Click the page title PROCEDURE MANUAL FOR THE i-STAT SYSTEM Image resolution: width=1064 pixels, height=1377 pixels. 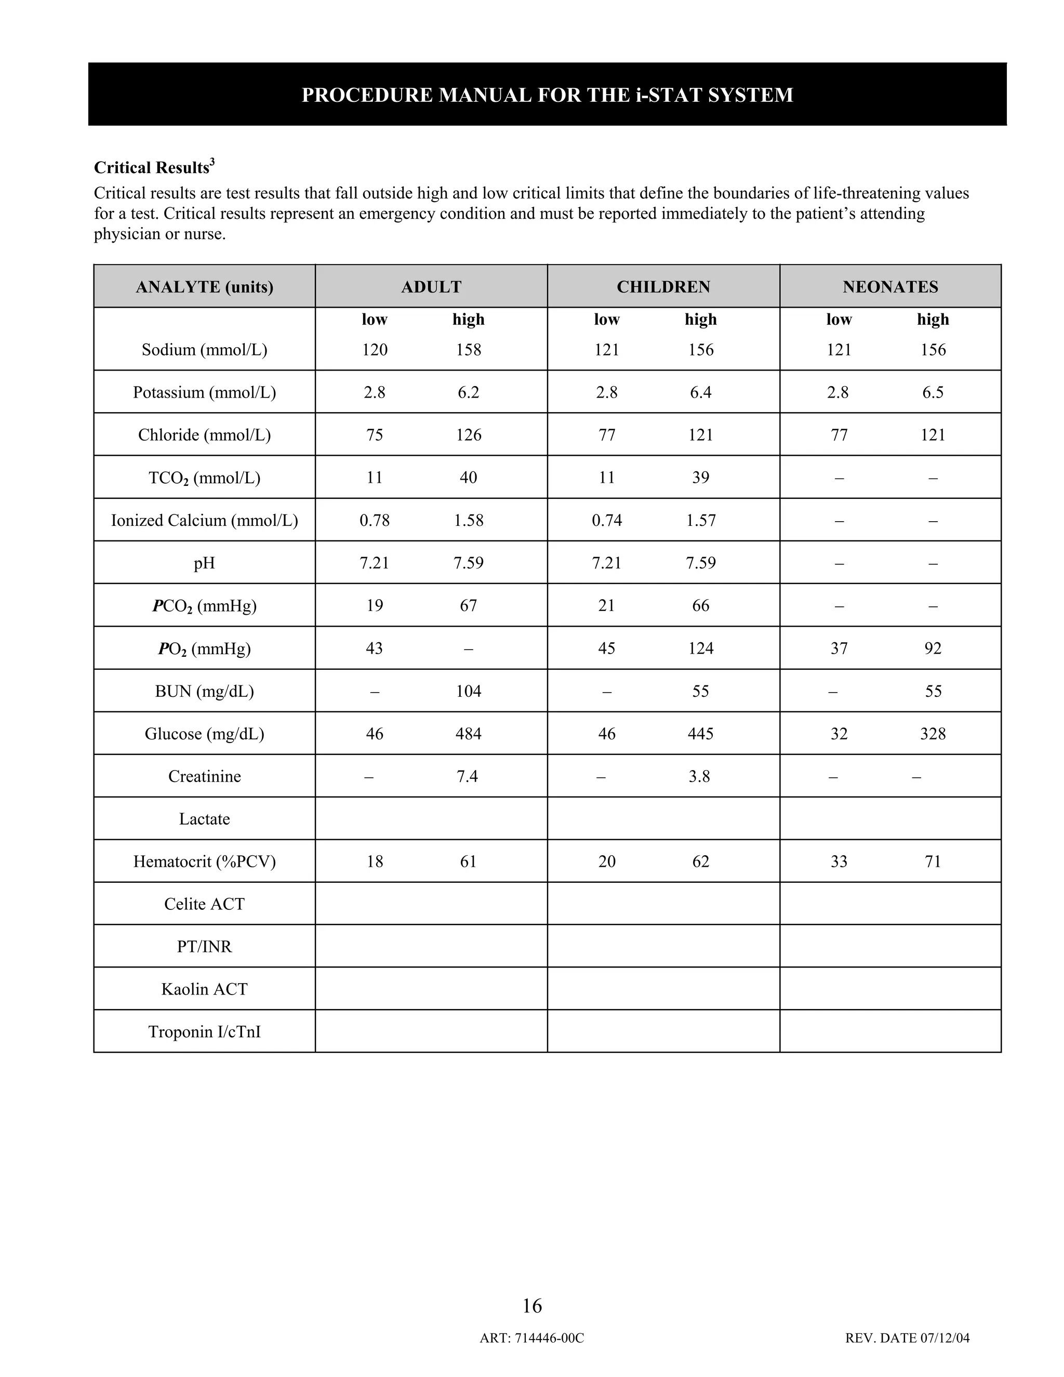coord(547,95)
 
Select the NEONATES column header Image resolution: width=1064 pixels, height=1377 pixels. coord(890,287)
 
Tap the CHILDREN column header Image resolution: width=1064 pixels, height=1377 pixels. coord(663,287)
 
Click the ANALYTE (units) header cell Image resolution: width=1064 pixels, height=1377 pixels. coord(204,287)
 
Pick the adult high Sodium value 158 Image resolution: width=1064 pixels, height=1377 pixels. coord(468,349)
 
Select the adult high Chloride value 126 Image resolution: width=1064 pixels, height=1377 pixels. coord(468,434)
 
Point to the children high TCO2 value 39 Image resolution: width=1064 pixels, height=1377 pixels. coord(700,478)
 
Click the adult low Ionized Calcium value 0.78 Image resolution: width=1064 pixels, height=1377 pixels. coord(375,520)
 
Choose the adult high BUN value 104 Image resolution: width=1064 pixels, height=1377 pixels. coord(468,691)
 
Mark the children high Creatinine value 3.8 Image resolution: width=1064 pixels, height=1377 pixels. coord(699,776)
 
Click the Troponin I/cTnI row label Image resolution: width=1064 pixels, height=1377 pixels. coord(204,1031)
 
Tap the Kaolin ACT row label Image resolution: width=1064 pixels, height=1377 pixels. coord(204,989)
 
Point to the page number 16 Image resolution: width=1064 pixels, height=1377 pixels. coord(532,1305)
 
